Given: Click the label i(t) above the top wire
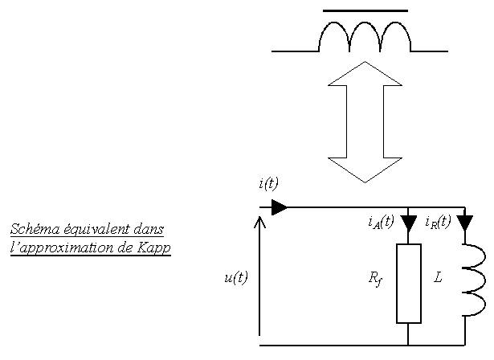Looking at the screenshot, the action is pos(269,183).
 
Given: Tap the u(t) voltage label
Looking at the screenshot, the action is pos(236,277).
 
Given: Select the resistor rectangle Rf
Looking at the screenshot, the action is pos(409,284).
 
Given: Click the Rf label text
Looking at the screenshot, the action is pos(375,279).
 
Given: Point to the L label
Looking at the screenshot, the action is pos(438,277).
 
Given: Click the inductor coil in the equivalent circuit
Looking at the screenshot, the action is pos(476,280).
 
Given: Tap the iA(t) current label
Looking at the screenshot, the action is pos(381,222).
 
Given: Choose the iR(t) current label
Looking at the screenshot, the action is pos(438,222).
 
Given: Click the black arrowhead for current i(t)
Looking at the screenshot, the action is pos(280,207).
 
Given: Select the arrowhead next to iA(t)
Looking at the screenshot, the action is pos(409,223).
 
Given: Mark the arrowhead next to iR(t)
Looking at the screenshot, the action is pos(465,223).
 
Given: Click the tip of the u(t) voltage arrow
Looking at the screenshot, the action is pos(259,216).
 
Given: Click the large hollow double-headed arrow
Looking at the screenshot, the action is pos(365,122).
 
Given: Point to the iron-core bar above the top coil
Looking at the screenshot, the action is pos(365,10).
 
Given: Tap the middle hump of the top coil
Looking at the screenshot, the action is pos(365,22).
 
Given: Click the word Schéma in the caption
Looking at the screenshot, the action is pos(35,229).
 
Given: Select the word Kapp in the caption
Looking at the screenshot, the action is pos(154,247).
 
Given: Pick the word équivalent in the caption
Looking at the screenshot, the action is pos(96,229).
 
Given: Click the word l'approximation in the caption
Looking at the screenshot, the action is pos(62,248).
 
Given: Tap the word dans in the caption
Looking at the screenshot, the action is pos(149,229).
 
